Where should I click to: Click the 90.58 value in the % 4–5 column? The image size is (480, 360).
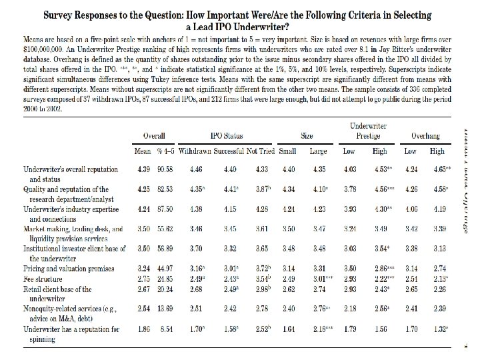click(166, 168)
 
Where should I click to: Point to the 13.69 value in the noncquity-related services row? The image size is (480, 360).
click(166, 309)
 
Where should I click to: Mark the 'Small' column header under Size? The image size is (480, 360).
click(288, 151)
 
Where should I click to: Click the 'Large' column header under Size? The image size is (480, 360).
click(318, 151)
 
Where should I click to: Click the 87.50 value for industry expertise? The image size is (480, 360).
click(166, 209)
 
